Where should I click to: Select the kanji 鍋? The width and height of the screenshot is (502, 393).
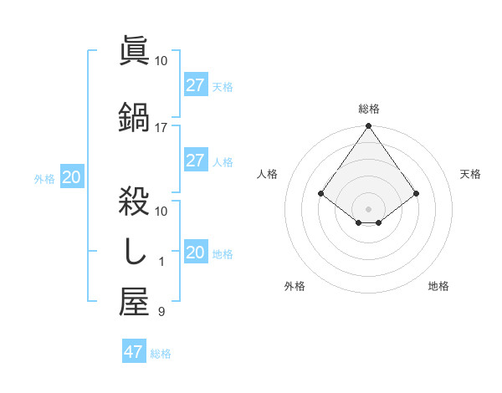click(134, 117)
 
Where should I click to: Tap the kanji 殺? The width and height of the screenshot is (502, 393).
click(134, 202)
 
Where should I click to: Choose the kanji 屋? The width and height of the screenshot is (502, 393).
click(134, 302)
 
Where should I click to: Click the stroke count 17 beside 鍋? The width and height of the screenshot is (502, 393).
click(161, 128)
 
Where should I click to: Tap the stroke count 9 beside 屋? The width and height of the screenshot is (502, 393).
click(161, 313)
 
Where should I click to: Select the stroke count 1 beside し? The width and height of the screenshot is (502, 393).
click(161, 262)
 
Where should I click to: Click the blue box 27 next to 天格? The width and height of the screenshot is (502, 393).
click(195, 85)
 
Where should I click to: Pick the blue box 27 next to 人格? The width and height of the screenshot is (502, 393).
click(195, 161)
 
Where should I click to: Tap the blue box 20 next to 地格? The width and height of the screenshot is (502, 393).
click(195, 253)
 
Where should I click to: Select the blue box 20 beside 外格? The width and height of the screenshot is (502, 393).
click(71, 177)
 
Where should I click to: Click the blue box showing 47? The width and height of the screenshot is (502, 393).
click(133, 352)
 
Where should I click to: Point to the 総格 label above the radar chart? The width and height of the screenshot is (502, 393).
click(369, 109)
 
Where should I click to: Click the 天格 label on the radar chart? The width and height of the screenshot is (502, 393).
click(470, 174)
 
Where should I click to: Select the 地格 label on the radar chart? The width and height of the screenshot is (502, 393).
click(438, 286)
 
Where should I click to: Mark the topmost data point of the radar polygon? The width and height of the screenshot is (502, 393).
click(368, 127)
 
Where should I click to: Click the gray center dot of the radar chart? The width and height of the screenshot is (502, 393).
click(368, 208)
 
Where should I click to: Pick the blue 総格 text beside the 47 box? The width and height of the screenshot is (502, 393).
click(161, 354)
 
